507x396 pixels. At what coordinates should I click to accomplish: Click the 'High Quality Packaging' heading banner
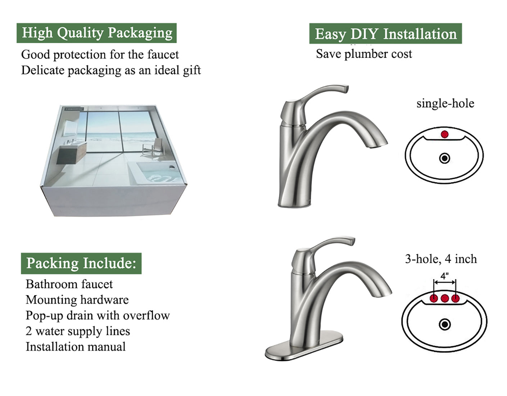[96, 33]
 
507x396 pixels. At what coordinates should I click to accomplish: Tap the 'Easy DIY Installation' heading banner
[385, 34]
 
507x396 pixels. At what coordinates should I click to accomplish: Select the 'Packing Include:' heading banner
[81, 263]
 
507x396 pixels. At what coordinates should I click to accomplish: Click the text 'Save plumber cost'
[364, 54]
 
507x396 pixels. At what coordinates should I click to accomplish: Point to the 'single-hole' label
[445, 104]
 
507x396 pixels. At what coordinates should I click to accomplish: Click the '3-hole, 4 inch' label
[441, 259]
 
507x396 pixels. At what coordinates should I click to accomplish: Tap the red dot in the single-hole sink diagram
[445, 134]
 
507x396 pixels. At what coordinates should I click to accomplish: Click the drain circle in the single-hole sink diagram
[445, 158]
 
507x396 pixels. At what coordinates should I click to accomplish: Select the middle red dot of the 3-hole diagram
[445, 298]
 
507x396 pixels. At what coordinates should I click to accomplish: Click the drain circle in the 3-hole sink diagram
[445, 324]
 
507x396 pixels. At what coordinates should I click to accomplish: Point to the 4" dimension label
[445, 276]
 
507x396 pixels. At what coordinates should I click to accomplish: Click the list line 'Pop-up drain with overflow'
[98, 316]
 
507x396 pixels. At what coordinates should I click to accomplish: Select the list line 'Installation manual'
[76, 347]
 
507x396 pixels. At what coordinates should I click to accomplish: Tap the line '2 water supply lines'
[78, 331]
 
